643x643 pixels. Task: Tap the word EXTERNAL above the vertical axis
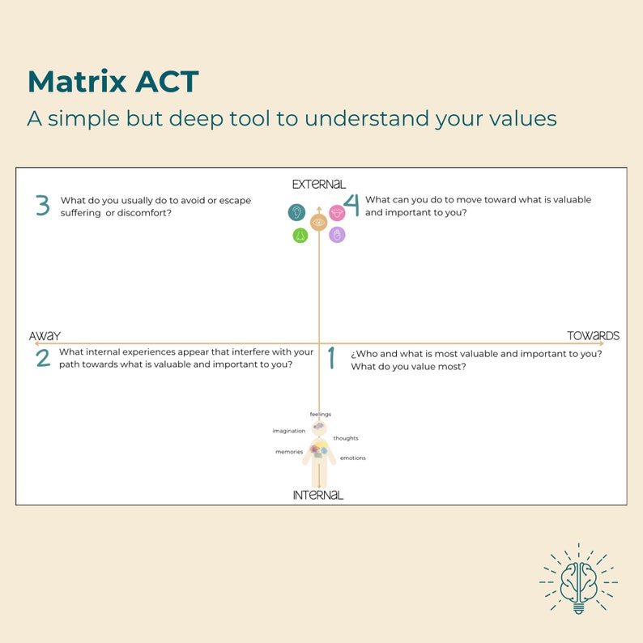click(x=319, y=184)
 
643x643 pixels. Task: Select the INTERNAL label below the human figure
click(x=318, y=495)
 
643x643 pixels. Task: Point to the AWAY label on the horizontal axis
click(x=45, y=336)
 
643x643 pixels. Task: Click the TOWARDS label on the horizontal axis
click(x=593, y=335)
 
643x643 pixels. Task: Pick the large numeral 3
click(x=43, y=206)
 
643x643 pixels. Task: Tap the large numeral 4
click(x=351, y=206)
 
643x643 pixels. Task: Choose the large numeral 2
click(x=43, y=358)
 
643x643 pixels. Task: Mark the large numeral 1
click(x=330, y=358)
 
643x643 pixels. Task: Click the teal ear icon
click(x=296, y=212)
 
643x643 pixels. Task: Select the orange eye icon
click(x=318, y=221)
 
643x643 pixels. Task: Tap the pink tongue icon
click(x=337, y=212)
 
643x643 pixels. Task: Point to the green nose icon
click(x=300, y=236)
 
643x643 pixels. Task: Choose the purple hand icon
click(x=337, y=235)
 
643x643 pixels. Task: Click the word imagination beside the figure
click(x=289, y=431)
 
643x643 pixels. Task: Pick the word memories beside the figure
click(x=289, y=452)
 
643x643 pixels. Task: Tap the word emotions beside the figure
click(x=352, y=458)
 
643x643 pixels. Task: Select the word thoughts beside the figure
click(x=346, y=438)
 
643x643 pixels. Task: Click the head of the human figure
click(x=319, y=427)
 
